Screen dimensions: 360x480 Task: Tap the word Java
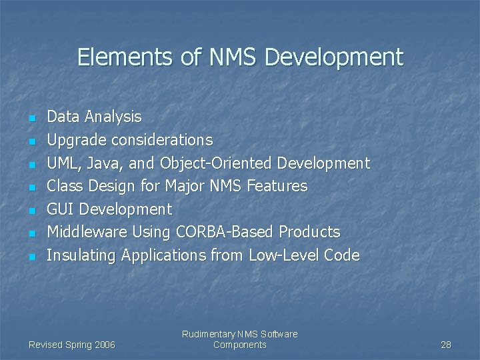point(105,163)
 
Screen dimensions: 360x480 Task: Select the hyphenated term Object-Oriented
point(217,163)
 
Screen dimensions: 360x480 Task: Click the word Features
point(277,186)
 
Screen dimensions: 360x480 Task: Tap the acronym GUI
point(61,209)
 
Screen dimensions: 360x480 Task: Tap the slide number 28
point(446,345)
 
